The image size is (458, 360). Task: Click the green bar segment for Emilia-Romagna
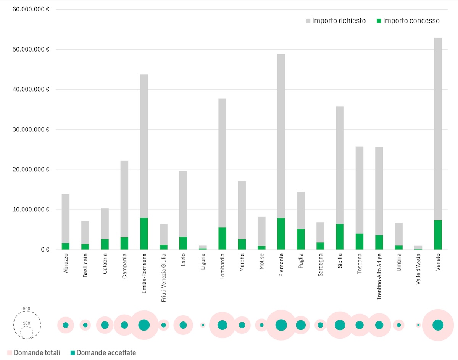144,234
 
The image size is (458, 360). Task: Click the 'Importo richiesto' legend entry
335,21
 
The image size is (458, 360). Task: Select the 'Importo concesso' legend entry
408,21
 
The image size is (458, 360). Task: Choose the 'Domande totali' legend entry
34,353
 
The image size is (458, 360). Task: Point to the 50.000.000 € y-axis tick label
28,50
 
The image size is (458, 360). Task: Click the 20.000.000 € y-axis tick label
28,170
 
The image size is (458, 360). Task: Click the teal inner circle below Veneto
438,325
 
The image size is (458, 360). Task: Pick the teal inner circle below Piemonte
281,325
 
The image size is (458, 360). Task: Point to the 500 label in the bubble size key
26,309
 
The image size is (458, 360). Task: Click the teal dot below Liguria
203,325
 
